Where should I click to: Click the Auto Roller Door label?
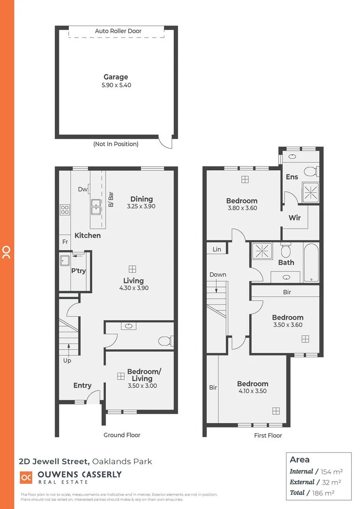(x=118, y=31)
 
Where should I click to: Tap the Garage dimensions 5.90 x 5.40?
(x=116, y=85)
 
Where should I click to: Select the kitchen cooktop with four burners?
(x=65, y=210)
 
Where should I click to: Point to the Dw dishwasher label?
(x=82, y=189)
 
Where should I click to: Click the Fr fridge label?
(x=65, y=242)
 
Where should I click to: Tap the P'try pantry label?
(x=78, y=271)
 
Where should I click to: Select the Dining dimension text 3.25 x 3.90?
(x=141, y=206)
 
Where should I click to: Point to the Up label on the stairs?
(x=67, y=361)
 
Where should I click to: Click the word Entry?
(x=82, y=386)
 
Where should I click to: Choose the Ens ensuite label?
(x=292, y=177)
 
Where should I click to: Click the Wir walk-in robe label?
(x=295, y=217)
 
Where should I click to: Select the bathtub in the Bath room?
(x=311, y=263)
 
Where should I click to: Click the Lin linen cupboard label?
(x=217, y=249)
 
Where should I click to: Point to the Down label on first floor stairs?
(x=218, y=274)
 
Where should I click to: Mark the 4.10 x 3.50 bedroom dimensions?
(x=253, y=391)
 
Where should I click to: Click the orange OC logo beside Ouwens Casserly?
(x=26, y=477)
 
